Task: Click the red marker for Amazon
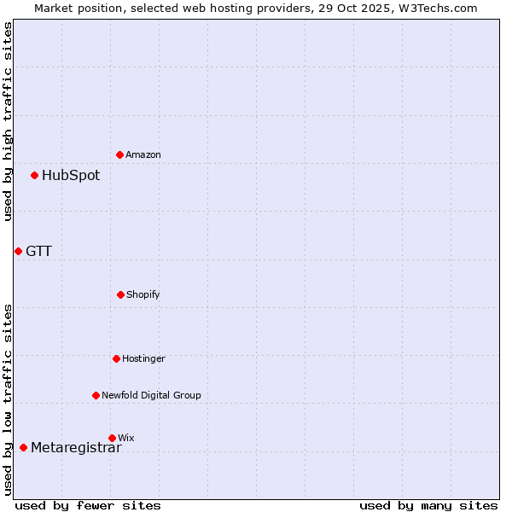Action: tap(120, 154)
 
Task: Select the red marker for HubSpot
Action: tap(35, 176)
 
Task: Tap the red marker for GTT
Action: tap(18, 251)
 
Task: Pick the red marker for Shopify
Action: tap(120, 294)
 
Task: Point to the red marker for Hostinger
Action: tap(116, 358)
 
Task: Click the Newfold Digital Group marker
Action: tap(96, 395)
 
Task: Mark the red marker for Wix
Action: tap(112, 438)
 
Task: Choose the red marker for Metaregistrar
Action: tap(23, 448)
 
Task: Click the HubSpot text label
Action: tap(71, 176)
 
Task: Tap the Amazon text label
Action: tap(143, 154)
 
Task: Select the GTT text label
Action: tap(38, 251)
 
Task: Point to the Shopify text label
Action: tap(143, 294)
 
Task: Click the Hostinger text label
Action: tap(143, 358)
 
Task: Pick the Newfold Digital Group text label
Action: tap(151, 395)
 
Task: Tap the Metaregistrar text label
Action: tap(76, 448)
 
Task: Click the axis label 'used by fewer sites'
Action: tap(88, 505)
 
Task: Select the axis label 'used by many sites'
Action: tap(428, 505)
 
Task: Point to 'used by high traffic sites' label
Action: tap(8, 121)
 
